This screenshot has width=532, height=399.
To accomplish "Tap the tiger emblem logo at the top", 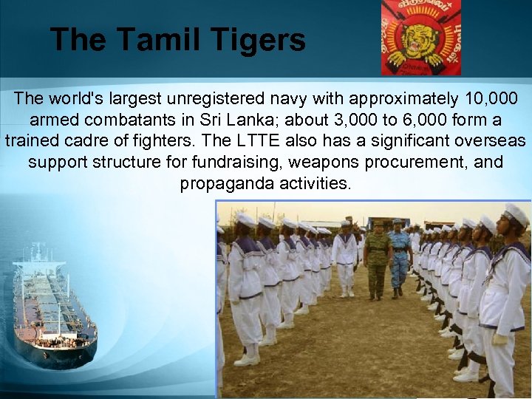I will pyautogui.click(x=420, y=37).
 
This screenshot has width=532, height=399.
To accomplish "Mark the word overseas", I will pyautogui.click(x=488, y=140).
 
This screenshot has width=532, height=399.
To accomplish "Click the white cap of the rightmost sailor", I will pyautogui.click(x=516, y=214).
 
